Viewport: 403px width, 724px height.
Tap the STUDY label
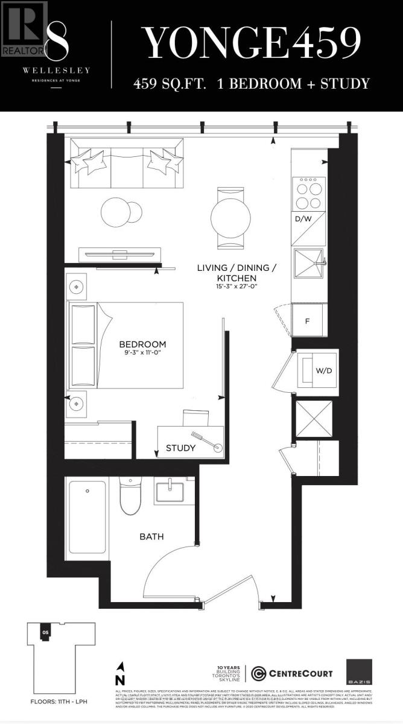180,448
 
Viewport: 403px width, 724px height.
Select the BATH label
152,536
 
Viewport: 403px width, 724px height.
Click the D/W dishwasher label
302,218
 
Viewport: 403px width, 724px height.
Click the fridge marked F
307,320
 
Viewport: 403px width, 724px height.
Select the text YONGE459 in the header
252,42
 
